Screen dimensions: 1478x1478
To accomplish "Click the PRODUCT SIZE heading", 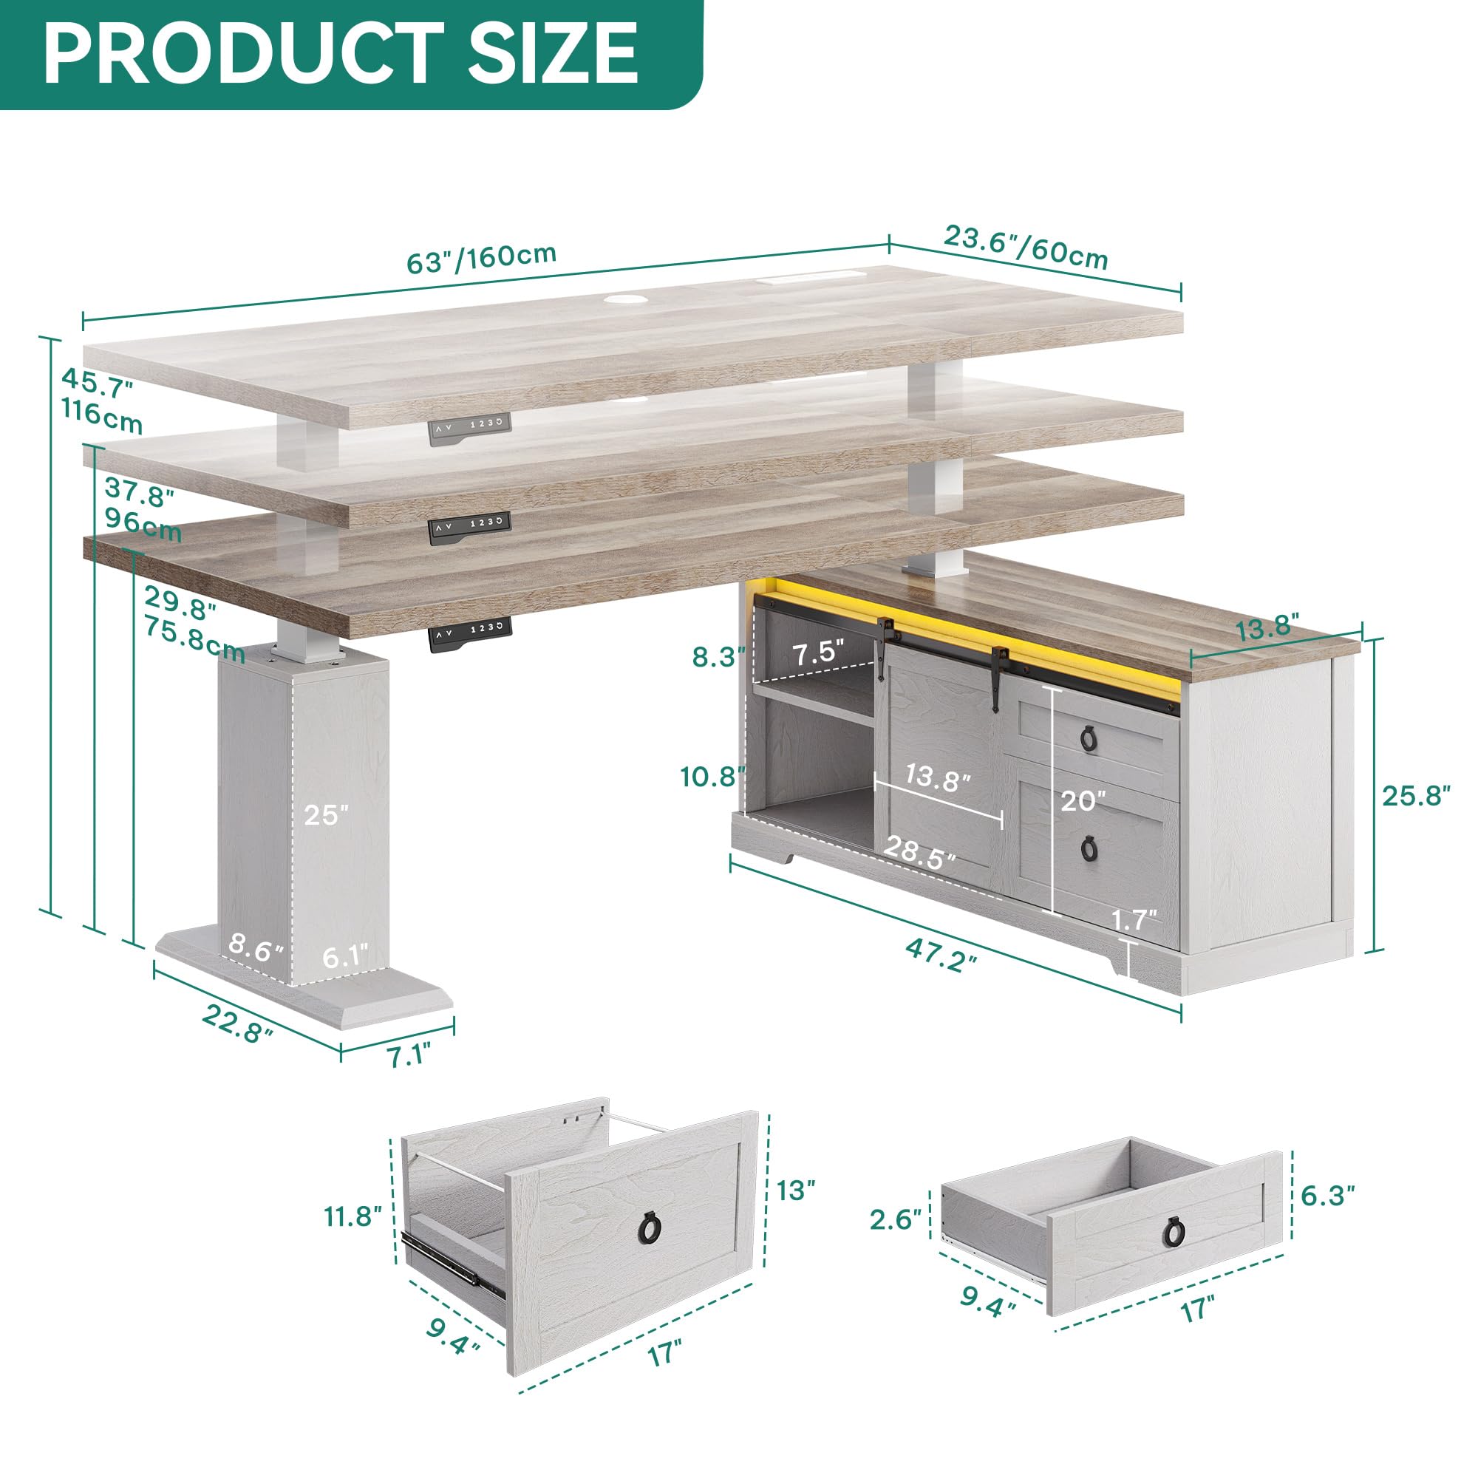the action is tap(341, 52).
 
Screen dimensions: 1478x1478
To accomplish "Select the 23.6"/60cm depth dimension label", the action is tap(1026, 246).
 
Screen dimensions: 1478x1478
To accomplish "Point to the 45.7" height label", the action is tap(97, 383).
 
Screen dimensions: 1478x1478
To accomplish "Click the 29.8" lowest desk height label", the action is tap(180, 607).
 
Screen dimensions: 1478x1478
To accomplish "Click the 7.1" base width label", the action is tap(409, 1056).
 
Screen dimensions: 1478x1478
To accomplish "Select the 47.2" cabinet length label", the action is tap(941, 956).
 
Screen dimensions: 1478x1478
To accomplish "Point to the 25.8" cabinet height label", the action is tap(1415, 796).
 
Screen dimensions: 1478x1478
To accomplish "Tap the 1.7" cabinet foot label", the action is tap(1134, 919).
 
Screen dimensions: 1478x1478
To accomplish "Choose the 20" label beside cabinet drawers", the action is tap(1083, 801).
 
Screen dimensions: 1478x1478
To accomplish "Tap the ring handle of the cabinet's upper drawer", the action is tap(1089, 738).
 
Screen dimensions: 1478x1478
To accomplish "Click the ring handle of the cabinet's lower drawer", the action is tap(1089, 847).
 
